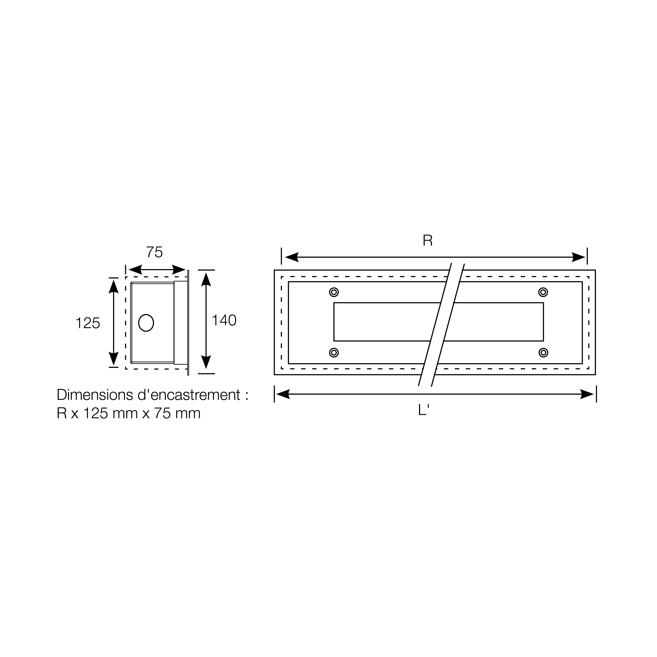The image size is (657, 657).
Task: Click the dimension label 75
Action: tap(154, 252)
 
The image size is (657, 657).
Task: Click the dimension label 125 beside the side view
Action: tap(88, 323)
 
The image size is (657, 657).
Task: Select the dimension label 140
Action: tap(224, 320)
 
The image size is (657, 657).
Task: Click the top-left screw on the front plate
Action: tap(334, 292)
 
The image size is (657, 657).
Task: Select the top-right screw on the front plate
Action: tap(543, 292)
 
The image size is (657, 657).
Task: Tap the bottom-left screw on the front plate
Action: tap(334, 352)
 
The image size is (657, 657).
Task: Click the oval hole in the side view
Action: tap(146, 323)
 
